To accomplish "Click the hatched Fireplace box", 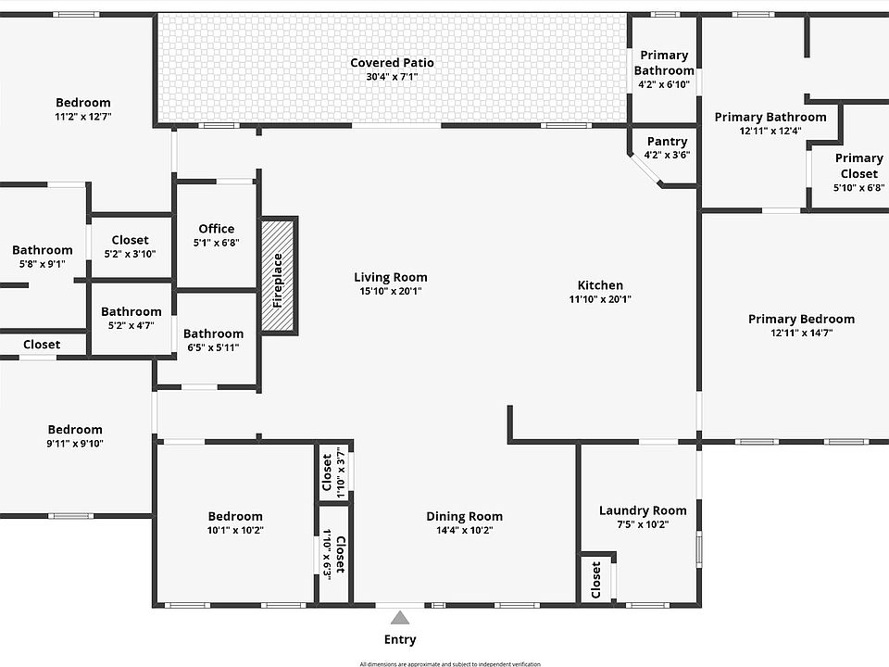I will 278,275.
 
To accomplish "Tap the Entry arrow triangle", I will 399,617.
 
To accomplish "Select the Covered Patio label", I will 392,63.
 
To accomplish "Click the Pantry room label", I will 667,142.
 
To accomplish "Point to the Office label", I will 217,229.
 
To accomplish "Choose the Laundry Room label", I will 643,510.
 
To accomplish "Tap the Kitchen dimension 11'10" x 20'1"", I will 600,299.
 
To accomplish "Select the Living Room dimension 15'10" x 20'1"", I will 391,291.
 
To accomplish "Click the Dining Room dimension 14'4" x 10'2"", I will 465,531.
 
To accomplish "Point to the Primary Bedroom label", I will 801,320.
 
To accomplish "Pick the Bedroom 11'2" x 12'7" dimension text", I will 83,117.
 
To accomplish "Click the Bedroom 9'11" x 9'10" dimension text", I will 76,444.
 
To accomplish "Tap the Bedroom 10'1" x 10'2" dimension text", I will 235,531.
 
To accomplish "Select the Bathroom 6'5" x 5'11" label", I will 213,333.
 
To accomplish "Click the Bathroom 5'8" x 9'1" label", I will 43,250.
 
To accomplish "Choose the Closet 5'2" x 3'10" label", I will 130,241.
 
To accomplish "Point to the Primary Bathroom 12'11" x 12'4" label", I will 770,117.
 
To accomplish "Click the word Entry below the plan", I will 400,639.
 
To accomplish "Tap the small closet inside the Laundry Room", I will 596,580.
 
